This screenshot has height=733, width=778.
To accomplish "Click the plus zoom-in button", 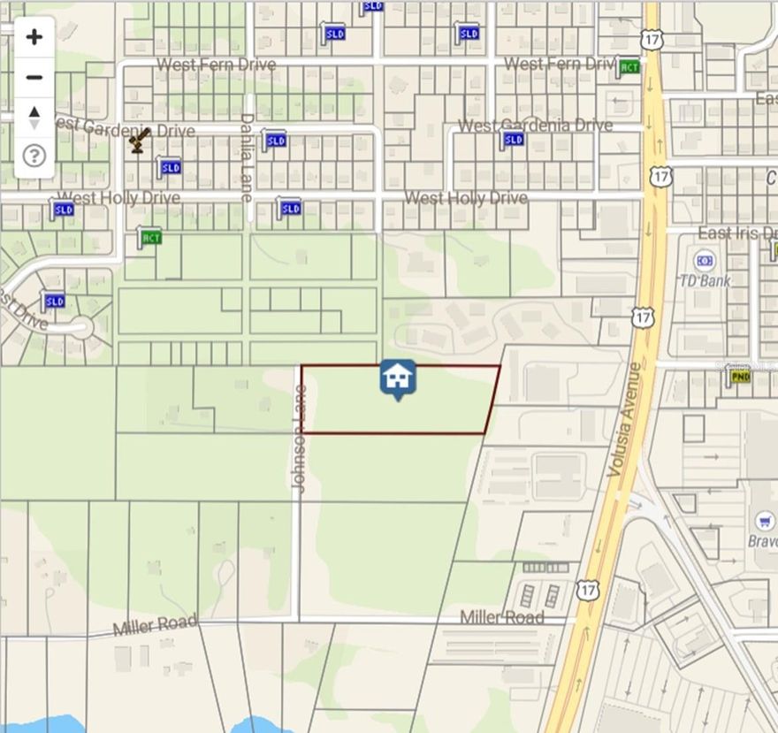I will (34, 37).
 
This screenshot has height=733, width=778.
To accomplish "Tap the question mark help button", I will (34, 157).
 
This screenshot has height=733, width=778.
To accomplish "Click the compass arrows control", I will (34, 117).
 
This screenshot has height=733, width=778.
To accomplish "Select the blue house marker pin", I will (398, 378).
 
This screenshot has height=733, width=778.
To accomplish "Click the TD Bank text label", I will (704, 281).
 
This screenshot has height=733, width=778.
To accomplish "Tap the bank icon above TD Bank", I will (705, 261).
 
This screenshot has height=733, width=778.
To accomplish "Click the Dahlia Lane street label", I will (248, 157).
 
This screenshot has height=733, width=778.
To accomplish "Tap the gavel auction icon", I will (138, 140).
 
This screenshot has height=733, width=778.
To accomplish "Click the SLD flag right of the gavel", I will (170, 167).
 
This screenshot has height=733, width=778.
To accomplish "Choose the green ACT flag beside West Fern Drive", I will (629, 67).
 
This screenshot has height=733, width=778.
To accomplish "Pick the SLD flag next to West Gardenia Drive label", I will (513, 139).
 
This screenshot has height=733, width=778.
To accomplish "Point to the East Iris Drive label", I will (738, 233).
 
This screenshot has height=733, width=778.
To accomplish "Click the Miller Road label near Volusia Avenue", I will (501, 616).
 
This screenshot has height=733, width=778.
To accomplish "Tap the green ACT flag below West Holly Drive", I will (150, 237).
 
